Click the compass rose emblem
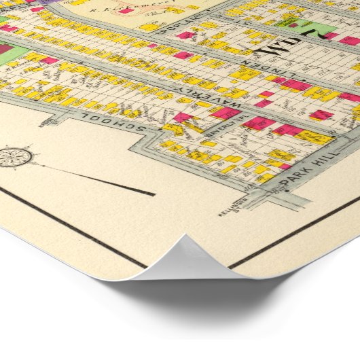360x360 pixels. (x=14, y=158)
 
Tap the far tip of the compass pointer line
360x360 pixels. (x=155, y=194)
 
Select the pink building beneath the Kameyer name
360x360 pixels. (x=126, y=11)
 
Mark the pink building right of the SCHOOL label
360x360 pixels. (x=182, y=118)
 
